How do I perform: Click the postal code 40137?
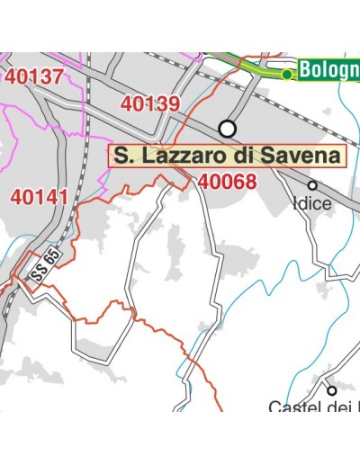[x=34, y=77]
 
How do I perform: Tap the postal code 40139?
[x=149, y=104]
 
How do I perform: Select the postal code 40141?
[x=39, y=196]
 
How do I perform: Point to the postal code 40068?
[x=228, y=182]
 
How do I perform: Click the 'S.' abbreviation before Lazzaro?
[x=126, y=156]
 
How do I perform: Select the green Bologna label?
[x=329, y=69]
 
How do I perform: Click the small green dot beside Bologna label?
[x=287, y=75]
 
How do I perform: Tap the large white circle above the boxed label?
[x=228, y=127]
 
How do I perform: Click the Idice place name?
[x=312, y=203]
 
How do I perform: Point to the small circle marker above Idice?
[x=312, y=185]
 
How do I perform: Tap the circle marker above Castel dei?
[x=331, y=390]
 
